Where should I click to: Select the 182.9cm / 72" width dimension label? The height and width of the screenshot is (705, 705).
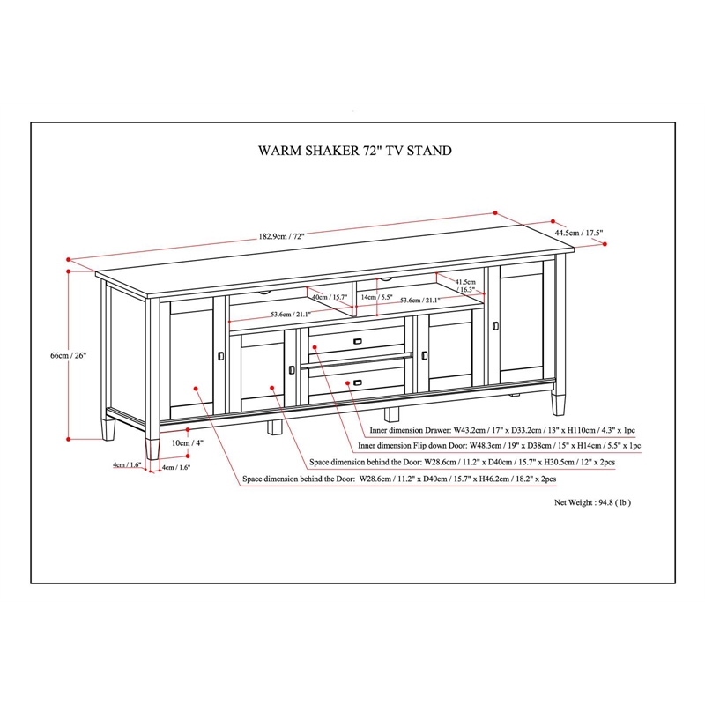click(281, 236)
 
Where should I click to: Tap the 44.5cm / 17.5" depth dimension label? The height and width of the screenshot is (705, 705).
click(579, 234)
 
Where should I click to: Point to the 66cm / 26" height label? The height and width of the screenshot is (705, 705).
click(69, 355)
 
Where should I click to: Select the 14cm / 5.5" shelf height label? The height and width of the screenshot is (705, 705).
click(377, 298)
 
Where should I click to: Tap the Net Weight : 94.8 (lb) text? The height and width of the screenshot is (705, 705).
click(592, 502)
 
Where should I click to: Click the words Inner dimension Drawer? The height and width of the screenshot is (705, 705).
click(411, 432)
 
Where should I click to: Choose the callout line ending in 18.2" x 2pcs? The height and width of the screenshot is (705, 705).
click(398, 479)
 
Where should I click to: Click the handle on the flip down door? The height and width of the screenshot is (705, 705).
click(357, 340)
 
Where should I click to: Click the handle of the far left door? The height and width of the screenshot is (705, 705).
click(219, 355)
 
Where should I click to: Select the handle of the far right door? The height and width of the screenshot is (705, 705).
click(495, 327)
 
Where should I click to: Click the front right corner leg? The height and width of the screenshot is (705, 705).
click(557, 403)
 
